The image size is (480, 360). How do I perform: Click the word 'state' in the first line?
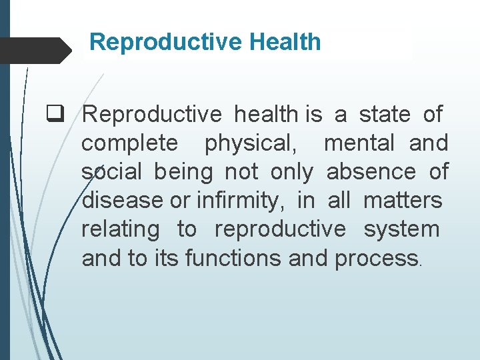385,115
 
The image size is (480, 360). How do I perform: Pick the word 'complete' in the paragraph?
129,143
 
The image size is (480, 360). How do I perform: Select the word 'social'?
111,172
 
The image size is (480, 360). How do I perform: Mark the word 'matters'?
403,201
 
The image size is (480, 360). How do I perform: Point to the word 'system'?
401,229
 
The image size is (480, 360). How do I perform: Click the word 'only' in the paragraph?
291,172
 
